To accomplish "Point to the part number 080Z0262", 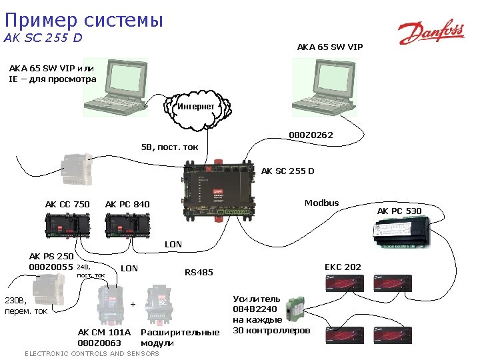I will pos(311,136).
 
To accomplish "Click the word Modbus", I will pos(321,203).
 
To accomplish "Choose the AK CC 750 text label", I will pos(67,204).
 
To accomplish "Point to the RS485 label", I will pos(199,272).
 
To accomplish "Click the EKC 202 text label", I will pos(343,267).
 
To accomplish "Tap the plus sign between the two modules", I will pos(133,304).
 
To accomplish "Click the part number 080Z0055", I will pos(51,267).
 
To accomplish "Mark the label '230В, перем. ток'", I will pos(27,305).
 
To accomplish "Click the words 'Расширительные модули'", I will pos(180,337).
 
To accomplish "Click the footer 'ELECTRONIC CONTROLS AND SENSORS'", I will pos(91,353).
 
